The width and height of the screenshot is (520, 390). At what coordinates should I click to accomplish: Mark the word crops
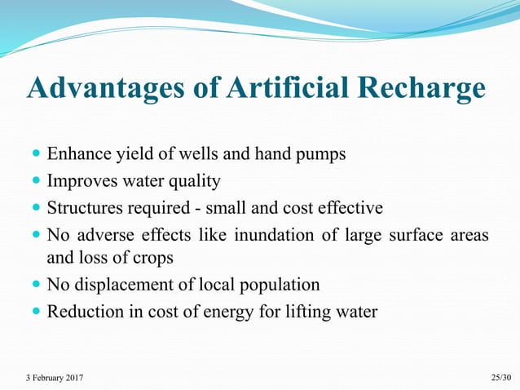153,259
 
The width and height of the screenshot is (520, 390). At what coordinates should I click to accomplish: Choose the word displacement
120,285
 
